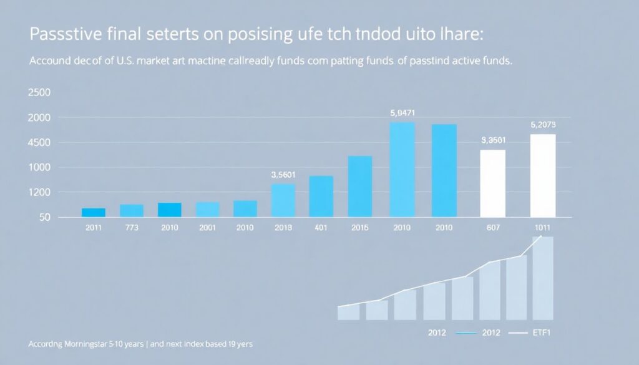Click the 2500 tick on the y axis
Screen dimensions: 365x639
40,92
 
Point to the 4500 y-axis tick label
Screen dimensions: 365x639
40,142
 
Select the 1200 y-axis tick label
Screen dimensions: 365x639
40,192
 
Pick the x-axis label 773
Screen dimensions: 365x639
132,227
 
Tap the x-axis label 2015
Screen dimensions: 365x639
359,227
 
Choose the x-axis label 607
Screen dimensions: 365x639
492,227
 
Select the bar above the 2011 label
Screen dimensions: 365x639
94,212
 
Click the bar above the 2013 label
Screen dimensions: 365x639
283,200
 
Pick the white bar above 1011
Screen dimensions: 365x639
542,175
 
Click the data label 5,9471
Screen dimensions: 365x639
402,113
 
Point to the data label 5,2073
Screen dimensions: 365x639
542,125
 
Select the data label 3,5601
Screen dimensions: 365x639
283,175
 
